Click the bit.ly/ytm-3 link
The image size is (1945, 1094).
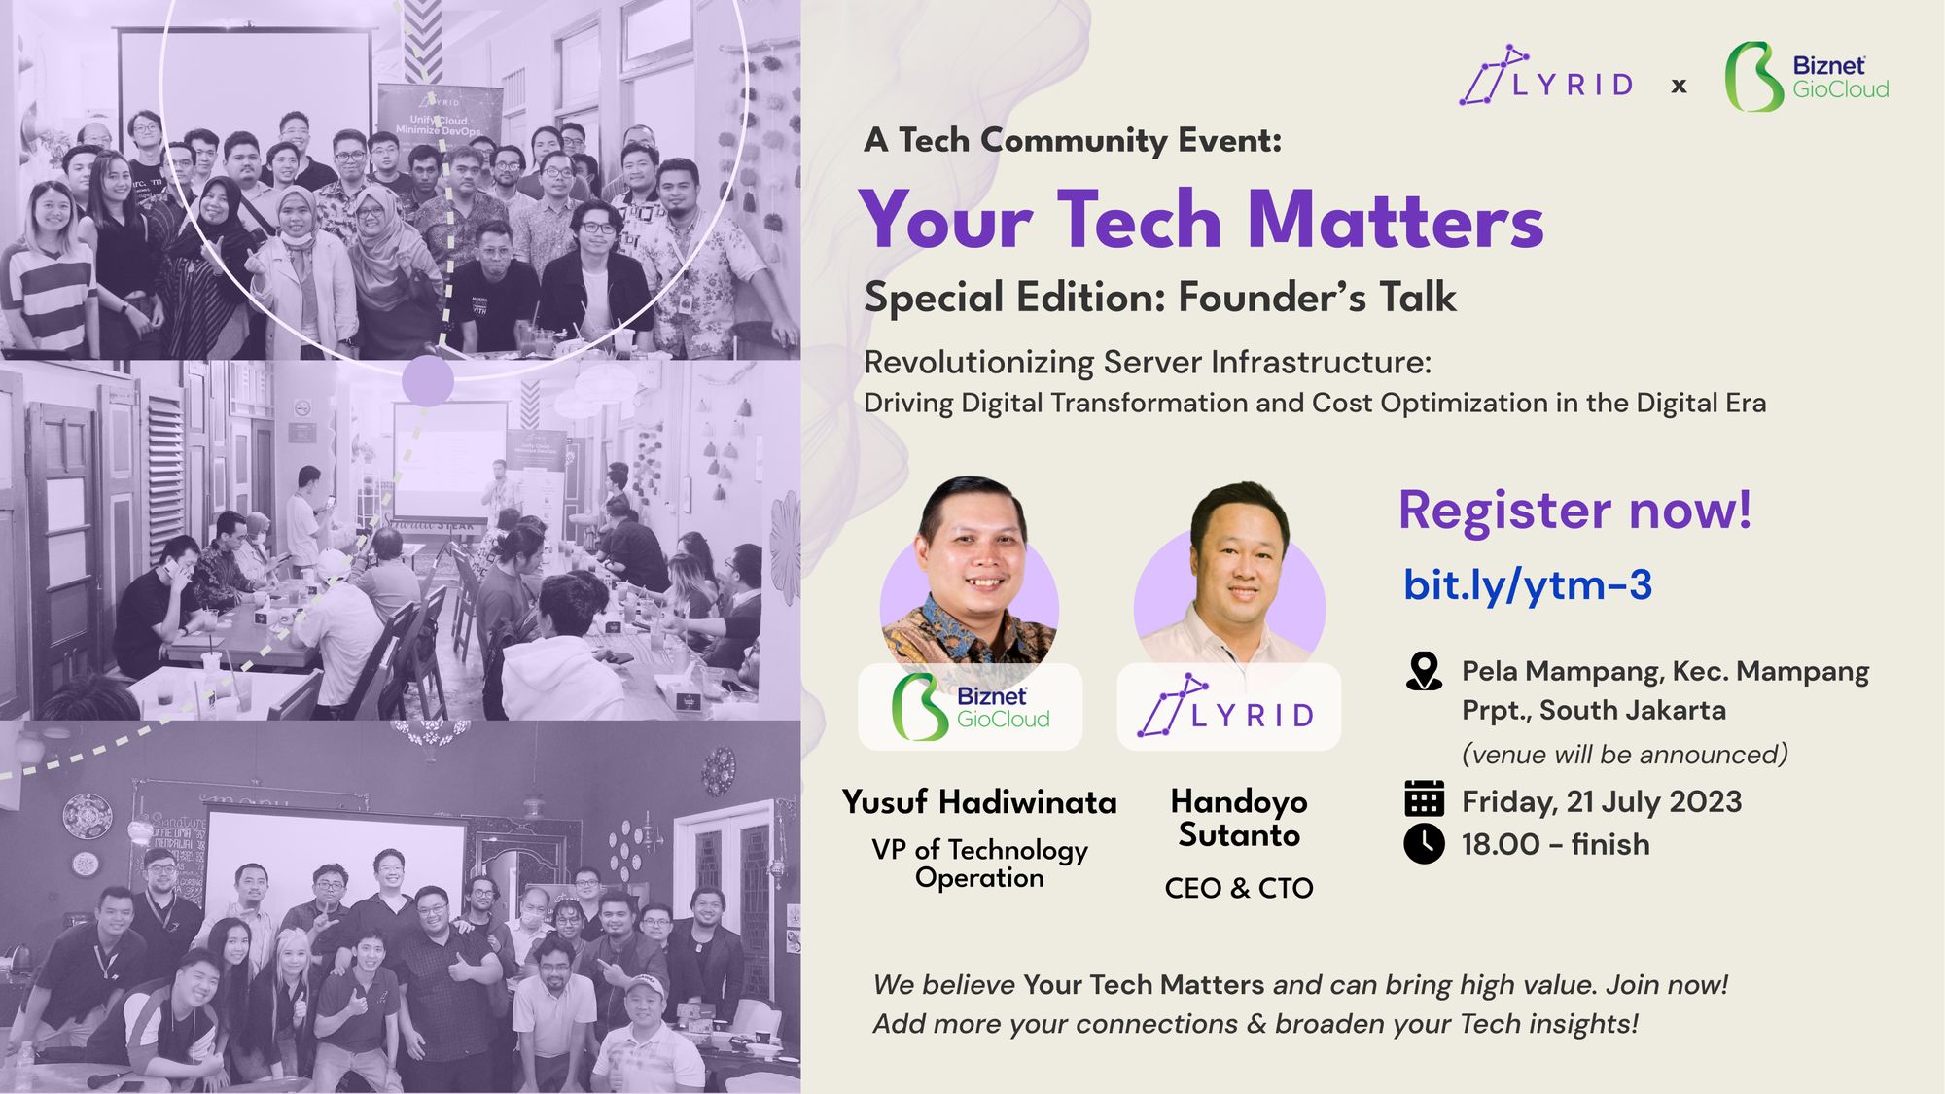(1527, 585)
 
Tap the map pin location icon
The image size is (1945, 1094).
(1424, 672)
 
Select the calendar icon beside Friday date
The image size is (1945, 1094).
(1424, 799)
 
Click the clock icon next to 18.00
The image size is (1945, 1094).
(1424, 843)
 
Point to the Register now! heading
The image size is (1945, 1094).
(1574, 510)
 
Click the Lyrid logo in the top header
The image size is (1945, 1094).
(1546, 77)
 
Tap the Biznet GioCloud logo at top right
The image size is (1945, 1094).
(1807, 77)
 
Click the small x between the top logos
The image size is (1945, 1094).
(1679, 87)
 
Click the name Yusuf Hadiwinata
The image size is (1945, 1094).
(979, 802)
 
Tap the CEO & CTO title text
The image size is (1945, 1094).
(1239, 888)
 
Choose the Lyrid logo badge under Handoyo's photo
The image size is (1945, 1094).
(1228, 708)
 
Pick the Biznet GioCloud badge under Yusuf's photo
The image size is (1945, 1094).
(970, 707)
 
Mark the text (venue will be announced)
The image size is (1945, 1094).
(1625, 755)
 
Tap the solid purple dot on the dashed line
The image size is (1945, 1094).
(428, 381)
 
